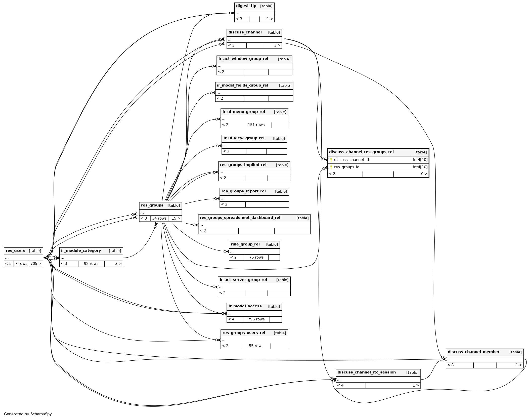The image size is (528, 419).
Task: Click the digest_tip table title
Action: pos(246,6)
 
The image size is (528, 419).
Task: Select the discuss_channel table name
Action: pos(245,32)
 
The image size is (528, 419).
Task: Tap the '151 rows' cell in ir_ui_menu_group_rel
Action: pos(256,125)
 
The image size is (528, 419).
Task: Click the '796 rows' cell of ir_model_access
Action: pos(256,319)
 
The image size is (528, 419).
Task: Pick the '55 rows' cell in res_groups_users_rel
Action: pos(256,346)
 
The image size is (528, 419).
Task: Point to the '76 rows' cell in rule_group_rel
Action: pos(256,257)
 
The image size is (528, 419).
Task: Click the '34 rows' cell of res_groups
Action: pos(159,218)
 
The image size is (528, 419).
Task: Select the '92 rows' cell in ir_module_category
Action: pos(91,264)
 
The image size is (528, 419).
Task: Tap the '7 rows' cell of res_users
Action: pos(21,264)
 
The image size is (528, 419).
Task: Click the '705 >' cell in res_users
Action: pos(36,264)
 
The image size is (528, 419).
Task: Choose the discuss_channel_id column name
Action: pos(351,160)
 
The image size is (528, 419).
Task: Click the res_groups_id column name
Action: pos(346,167)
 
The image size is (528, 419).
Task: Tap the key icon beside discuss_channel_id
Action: pos(331,160)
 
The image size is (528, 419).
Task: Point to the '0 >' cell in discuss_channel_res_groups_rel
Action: pos(424,174)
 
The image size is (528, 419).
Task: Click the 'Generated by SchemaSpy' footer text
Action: pos(28,414)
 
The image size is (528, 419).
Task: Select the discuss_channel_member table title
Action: pos(473,352)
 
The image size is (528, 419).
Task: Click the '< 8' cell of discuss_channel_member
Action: pos(451,365)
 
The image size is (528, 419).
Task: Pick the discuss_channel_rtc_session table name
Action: pos(367,372)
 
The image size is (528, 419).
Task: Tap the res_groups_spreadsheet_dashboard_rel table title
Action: pos(240,218)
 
